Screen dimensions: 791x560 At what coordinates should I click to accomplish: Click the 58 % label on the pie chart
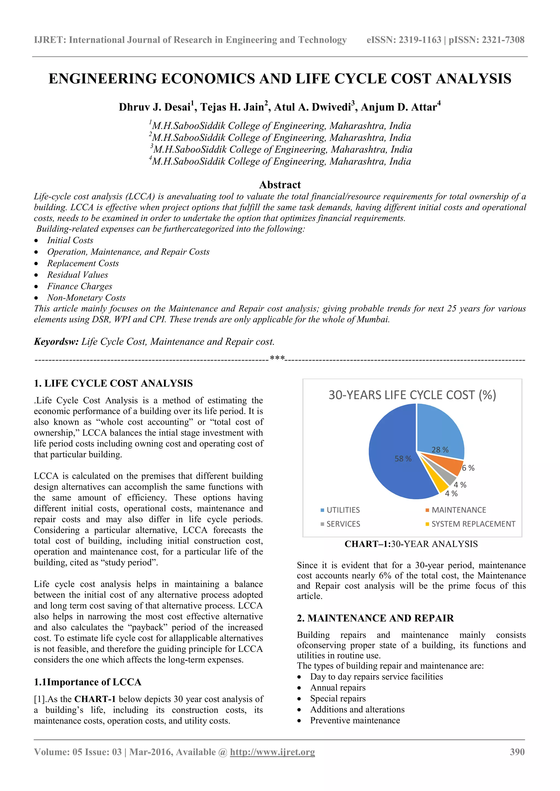point(403,459)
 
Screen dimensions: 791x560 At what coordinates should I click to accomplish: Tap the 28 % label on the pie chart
point(440,450)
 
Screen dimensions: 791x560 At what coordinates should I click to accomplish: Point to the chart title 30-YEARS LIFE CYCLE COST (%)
point(412,395)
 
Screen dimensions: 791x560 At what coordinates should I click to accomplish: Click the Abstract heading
point(280,185)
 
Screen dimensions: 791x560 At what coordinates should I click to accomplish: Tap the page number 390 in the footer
point(517,752)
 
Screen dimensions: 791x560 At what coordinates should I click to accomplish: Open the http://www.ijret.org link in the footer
point(272,752)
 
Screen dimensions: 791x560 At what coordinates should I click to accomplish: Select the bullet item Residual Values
point(78,275)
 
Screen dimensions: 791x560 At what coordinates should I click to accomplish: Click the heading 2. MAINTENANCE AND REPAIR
point(375,618)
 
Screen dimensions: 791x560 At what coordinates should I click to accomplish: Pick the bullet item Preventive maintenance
point(355,720)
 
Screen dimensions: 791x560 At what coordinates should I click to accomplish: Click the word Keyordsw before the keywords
point(56,341)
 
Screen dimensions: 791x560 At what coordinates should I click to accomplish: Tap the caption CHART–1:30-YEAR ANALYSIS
point(411,544)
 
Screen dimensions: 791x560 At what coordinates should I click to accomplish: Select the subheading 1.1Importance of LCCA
point(87,682)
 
